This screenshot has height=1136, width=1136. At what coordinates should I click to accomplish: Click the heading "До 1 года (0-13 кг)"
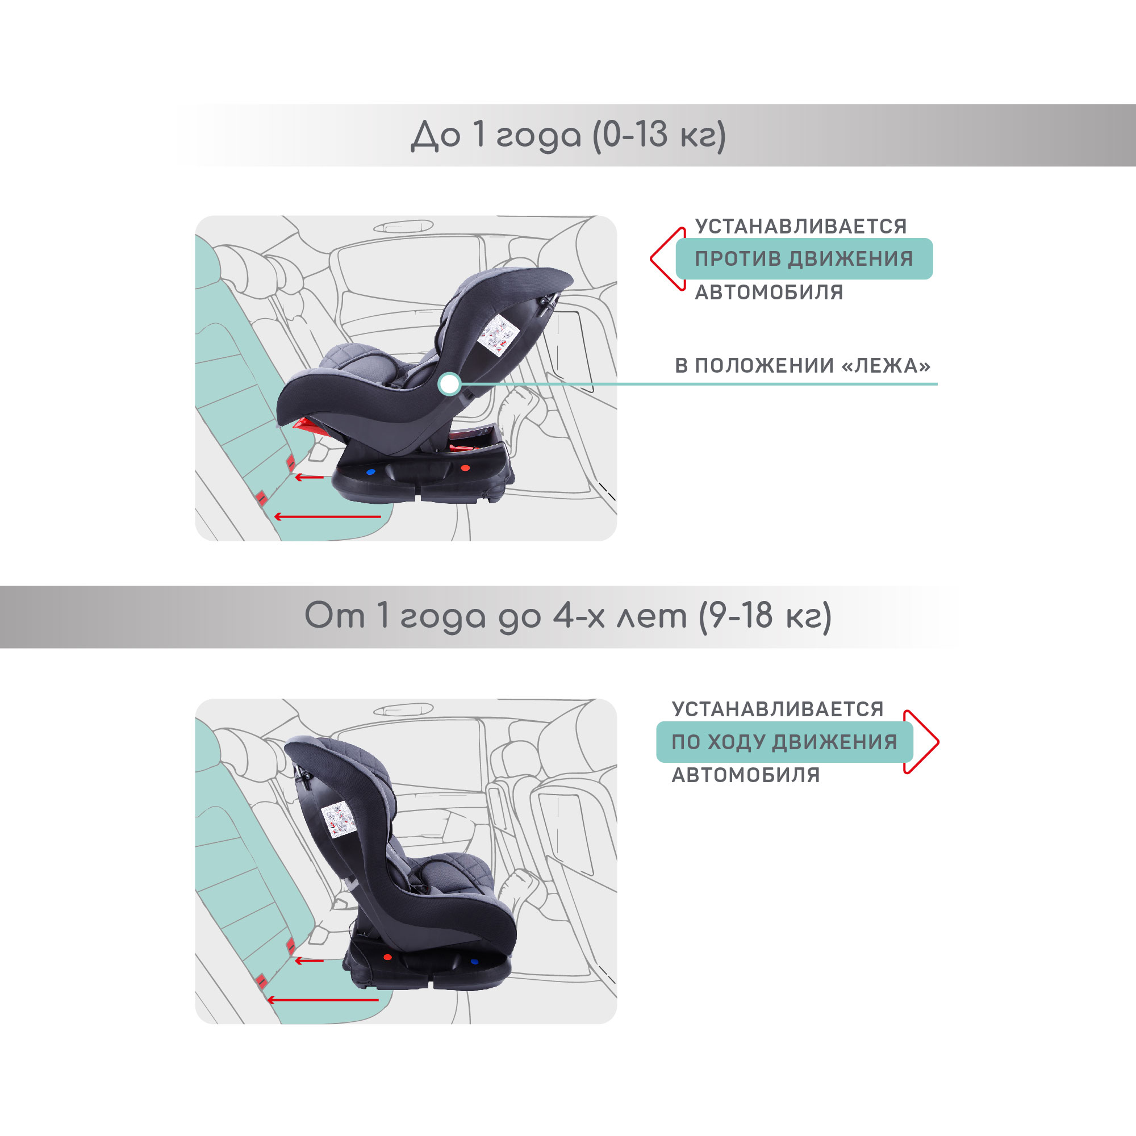[568, 136]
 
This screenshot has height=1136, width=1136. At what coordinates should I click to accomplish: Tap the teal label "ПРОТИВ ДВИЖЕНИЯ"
[804, 258]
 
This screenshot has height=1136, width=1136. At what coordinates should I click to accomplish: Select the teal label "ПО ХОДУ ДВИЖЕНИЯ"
[784, 742]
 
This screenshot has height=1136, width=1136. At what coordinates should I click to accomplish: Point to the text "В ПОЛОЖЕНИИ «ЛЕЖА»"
[803, 366]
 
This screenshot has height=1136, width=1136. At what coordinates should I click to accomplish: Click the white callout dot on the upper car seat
[449, 384]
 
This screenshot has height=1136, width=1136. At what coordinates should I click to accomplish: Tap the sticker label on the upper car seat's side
[498, 334]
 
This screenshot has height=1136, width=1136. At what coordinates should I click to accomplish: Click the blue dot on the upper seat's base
[370, 471]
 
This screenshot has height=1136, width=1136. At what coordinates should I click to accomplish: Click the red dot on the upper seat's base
[465, 468]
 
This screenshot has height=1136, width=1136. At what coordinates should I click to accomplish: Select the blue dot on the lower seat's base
[474, 962]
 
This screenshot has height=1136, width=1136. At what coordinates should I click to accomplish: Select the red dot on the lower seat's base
[387, 957]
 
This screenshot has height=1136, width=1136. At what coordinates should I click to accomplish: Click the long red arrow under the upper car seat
[328, 517]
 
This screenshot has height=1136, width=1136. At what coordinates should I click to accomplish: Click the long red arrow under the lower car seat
[323, 1000]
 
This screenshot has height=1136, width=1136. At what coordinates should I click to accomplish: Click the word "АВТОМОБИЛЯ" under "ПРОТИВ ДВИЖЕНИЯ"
[769, 292]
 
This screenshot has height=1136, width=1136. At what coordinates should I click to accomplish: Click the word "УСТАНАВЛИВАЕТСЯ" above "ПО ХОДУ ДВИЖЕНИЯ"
[778, 709]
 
